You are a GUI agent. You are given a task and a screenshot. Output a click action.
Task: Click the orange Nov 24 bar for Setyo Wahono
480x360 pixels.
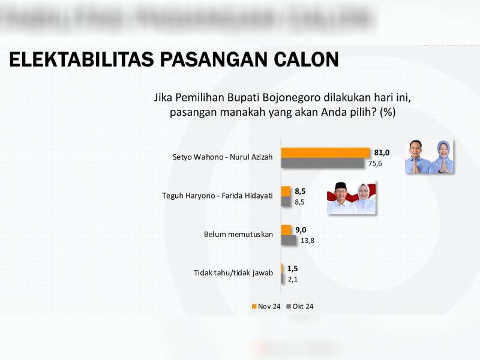tap(326, 152)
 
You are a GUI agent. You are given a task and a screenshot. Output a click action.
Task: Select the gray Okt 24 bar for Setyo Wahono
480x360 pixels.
tap(323, 163)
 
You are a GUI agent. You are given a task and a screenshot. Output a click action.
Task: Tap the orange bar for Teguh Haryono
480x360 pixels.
tap(286, 191)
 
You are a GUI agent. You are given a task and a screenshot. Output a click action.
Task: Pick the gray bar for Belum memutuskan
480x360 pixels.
tap(289, 240)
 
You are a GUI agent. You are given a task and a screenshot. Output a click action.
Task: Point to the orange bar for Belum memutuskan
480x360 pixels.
tap(286, 229)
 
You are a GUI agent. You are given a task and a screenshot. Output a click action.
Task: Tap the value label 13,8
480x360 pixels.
tap(308, 241)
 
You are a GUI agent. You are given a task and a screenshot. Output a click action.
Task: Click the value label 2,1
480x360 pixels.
tap(293, 279)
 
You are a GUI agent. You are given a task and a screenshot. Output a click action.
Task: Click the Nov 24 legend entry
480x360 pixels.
tap(266, 307)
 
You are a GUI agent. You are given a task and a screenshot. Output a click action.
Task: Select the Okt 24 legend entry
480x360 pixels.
tap(301, 307)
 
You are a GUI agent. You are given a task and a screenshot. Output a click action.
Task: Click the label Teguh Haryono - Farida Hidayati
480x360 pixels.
tap(218, 196)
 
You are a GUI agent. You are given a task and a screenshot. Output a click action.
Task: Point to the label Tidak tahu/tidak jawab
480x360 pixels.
tap(233, 273)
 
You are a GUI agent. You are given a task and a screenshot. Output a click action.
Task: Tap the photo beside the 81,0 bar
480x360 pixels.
tap(428, 157)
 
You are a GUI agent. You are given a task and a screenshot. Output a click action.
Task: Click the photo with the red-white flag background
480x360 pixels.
tap(351, 197)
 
